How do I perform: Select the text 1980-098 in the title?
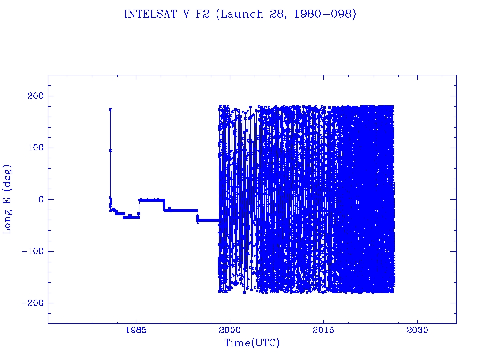330,15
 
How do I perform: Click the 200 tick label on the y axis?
32,96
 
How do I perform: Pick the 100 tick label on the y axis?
32,148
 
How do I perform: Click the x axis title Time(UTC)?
252,343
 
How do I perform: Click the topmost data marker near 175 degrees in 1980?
111,110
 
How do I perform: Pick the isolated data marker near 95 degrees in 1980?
111,150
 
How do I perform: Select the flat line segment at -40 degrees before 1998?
209,220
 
